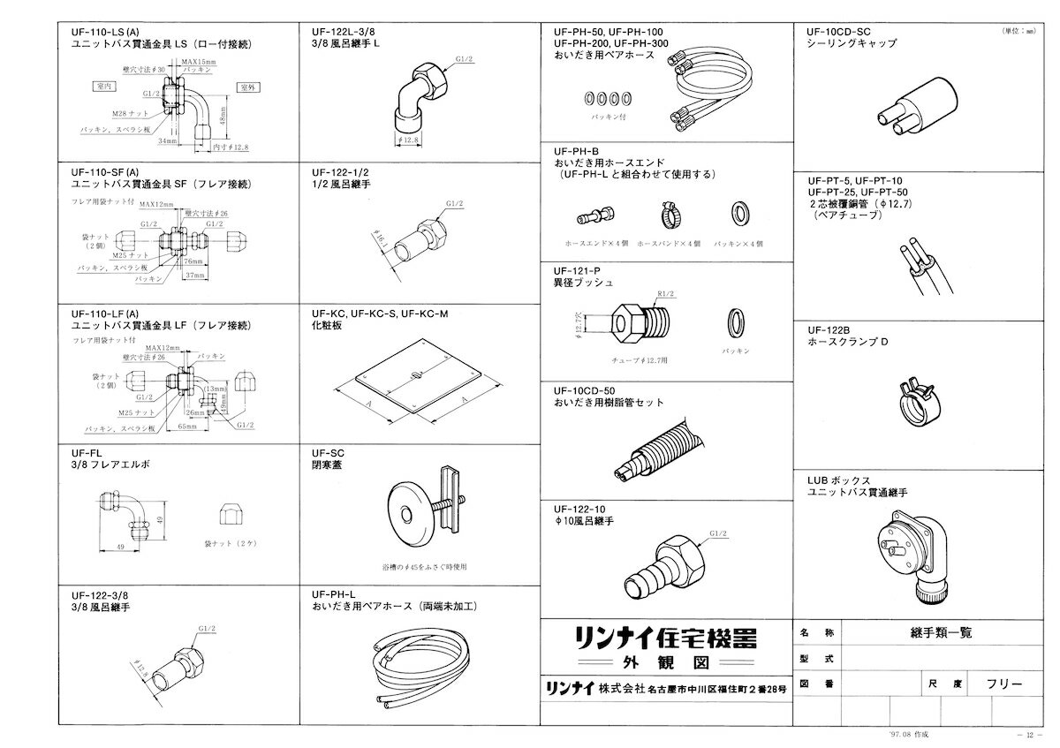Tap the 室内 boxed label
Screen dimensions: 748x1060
105,86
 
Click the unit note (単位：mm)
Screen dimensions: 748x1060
1023,30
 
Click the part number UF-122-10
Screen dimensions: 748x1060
579,509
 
